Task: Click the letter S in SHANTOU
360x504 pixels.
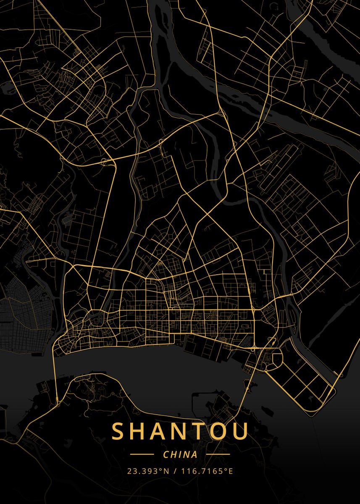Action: click(118, 431)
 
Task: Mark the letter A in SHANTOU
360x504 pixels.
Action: click(161, 431)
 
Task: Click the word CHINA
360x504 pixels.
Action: click(180, 454)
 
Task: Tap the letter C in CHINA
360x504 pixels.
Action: click(166, 454)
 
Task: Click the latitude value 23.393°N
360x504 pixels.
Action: click(148, 471)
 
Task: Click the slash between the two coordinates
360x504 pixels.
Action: click(175, 471)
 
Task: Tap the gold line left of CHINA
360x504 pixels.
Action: click(142, 454)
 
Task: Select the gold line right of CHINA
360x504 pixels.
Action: click(218, 454)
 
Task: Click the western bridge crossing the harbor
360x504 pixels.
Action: click(55, 370)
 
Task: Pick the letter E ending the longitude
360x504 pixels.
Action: click(231, 471)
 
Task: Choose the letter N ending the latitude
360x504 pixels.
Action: click(166, 471)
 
